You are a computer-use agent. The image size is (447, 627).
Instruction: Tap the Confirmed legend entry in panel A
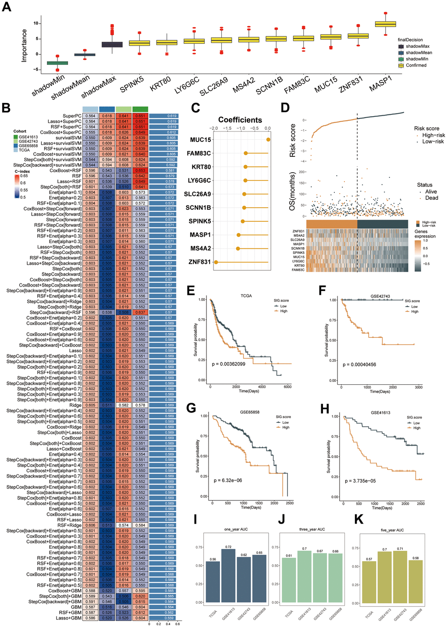pos(416,65)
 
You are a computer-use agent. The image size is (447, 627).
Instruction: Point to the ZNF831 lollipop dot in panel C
pos(215,262)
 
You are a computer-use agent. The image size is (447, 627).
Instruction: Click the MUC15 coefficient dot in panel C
pos(268,140)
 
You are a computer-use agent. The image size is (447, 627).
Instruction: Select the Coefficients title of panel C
pos(240,120)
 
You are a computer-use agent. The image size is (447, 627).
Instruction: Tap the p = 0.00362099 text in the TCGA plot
pos(228,364)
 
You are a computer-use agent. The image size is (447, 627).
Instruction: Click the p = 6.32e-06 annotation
pos(227,480)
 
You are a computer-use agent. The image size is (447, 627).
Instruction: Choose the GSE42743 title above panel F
pos(380,296)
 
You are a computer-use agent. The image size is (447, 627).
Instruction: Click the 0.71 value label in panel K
pos(400,548)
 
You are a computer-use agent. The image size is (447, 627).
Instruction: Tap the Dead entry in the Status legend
pos(431,198)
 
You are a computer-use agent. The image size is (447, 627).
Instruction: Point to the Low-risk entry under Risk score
pos(433,142)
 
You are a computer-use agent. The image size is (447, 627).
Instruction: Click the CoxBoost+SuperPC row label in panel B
pos(60,132)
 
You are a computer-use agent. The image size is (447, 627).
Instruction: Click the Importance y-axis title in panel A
pos(25,45)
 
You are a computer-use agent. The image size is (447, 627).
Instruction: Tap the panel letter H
pos(325,409)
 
